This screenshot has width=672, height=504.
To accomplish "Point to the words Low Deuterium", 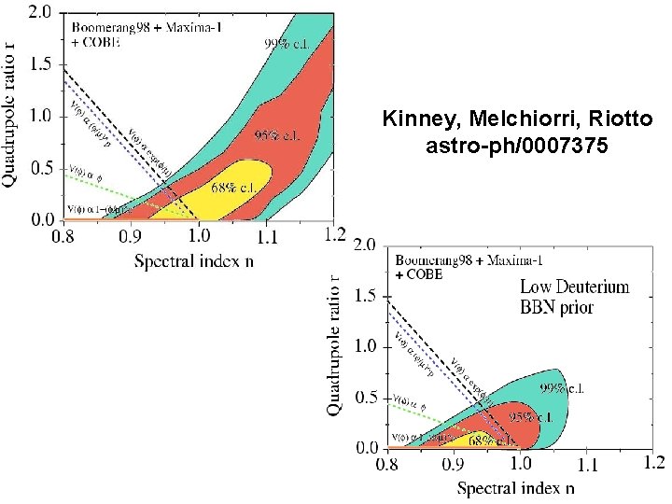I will tap(574, 287).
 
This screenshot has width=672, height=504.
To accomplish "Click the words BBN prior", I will tap(556, 307).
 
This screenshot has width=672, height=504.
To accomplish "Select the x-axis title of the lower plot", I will tap(515, 487).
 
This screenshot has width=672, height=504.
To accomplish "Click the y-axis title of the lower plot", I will tap(334, 345).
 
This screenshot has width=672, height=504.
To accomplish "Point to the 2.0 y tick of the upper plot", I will tap(39, 13).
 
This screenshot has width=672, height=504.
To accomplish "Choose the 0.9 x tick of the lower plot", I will tap(451, 463).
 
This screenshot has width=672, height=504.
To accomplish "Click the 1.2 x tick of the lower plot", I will tap(653, 462).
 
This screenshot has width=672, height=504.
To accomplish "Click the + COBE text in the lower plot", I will tap(419, 275).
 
